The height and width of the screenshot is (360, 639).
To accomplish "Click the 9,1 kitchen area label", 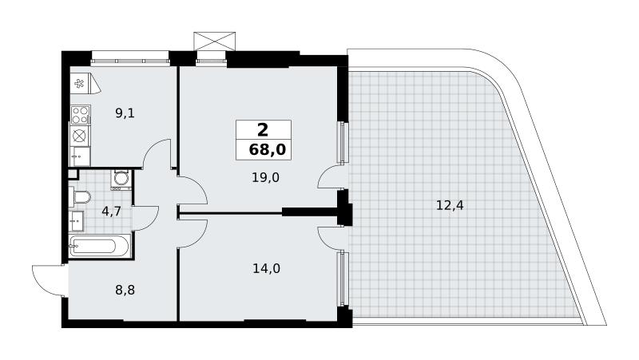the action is click(125, 113).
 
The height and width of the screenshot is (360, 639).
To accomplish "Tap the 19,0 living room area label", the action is click(265, 177).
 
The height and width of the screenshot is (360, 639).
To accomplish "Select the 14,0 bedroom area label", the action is click(266, 268).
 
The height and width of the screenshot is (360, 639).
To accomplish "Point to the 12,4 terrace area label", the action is click(450, 206).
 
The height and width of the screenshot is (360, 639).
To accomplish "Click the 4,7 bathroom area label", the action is click(111, 212).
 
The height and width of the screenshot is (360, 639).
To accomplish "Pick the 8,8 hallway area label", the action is click(125, 291).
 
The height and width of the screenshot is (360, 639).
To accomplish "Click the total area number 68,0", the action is click(268, 150).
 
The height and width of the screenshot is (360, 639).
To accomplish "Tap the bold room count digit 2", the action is click(263, 130).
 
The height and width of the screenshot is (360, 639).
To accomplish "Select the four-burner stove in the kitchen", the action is click(81, 115).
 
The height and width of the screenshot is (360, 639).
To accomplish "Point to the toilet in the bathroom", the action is click(81, 197).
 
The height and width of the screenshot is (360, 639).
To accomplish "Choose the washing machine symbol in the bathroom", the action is click(121, 180).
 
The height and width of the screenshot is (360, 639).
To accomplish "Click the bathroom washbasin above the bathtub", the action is click(76, 221).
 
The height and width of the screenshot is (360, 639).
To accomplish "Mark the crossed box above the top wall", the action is click(214, 42).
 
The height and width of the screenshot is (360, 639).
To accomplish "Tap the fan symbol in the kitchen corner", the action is click(78, 84).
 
